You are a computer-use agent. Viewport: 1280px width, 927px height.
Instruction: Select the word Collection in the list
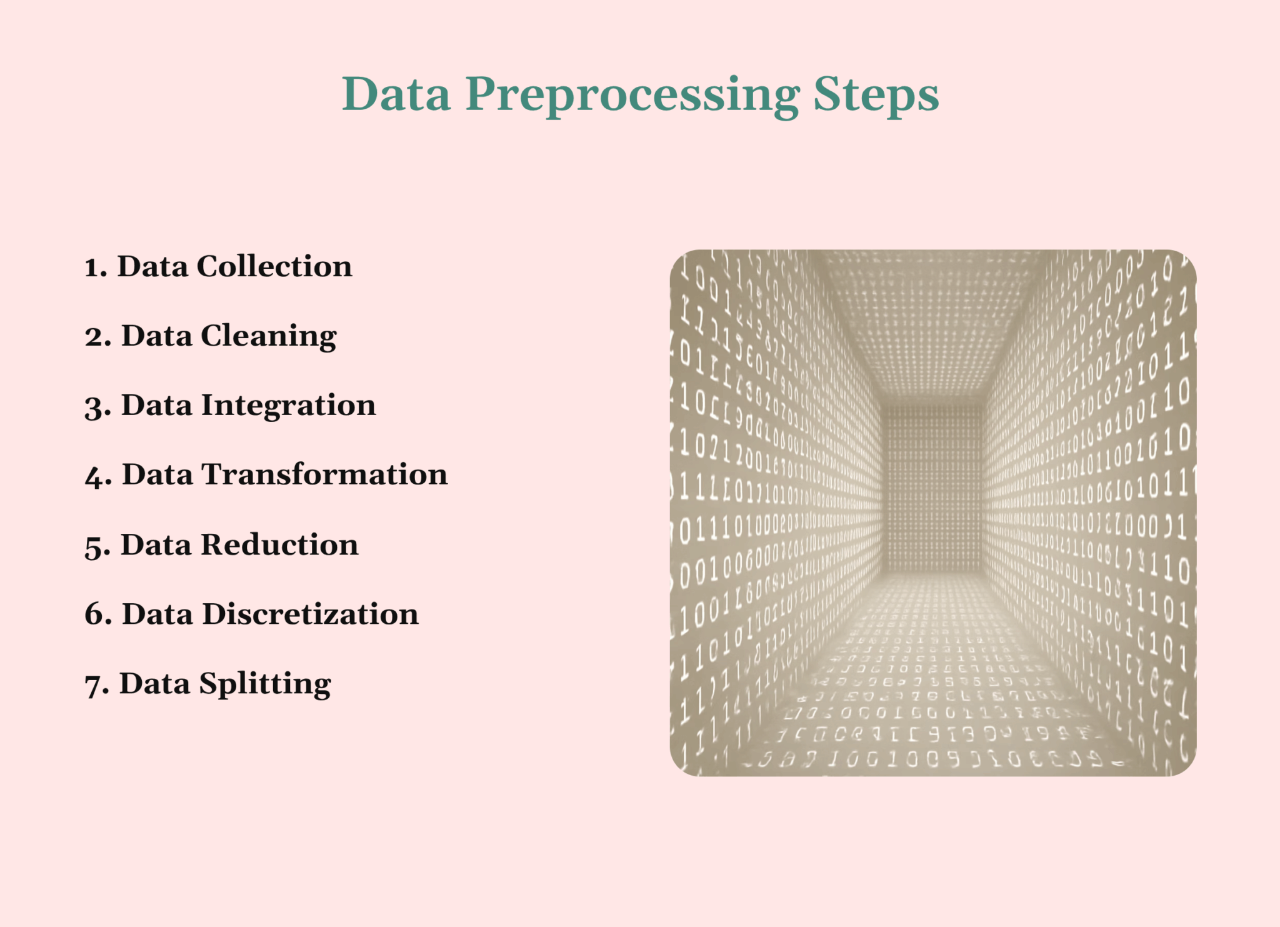tap(274, 266)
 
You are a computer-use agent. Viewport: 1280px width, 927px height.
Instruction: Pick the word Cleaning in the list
tap(269, 336)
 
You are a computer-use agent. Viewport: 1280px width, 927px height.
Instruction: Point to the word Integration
tap(288, 406)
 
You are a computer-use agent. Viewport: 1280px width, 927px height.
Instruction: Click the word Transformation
tap(324, 474)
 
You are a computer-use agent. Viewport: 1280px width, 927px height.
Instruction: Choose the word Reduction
tap(279, 544)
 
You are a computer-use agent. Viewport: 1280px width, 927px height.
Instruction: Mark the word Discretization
tap(310, 614)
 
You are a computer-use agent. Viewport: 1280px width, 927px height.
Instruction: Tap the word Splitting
tap(265, 684)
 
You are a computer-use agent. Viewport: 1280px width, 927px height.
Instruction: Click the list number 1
tap(94, 268)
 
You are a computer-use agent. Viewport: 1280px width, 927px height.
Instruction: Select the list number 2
tap(96, 337)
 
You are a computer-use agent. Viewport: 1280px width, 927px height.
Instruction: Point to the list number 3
tap(96, 407)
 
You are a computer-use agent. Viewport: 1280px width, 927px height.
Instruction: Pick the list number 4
tap(96, 476)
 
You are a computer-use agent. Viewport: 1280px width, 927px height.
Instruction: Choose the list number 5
tap(96, 546)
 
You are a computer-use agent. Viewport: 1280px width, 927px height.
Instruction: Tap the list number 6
tap(96, 615)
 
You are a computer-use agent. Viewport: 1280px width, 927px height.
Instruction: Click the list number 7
tap(95, 685)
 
